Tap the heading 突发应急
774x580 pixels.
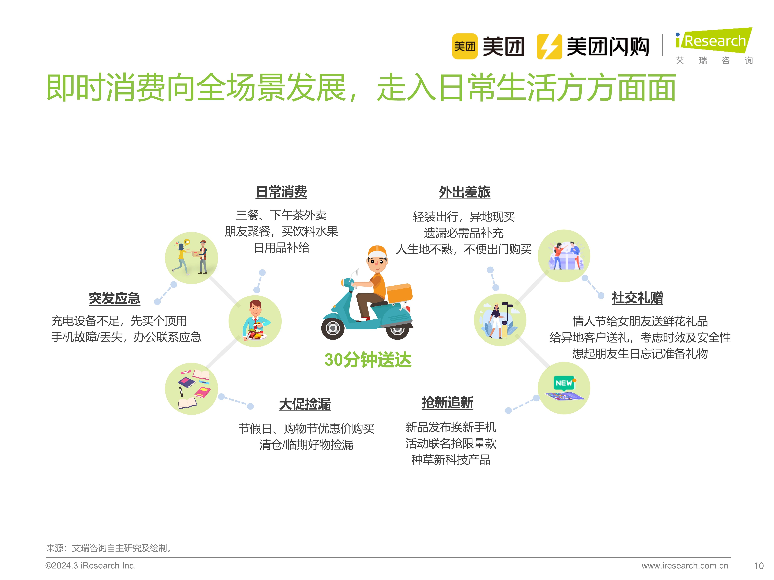[114, 298]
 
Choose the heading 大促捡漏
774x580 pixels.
[305, 404]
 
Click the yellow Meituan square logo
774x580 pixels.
[464, 46]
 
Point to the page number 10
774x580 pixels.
[758, 566]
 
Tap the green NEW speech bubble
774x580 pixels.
[564, 383]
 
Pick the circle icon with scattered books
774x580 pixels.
[191, 388]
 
